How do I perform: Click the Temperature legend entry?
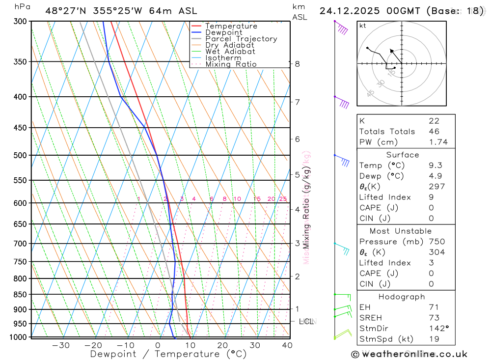click(x=231, y=26)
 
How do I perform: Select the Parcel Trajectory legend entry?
click(x=241, y=39)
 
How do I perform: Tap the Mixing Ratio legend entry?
click(x=231, y=64)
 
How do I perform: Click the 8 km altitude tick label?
click(x=298, y=64)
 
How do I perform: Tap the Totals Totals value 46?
click(x=434, y=132)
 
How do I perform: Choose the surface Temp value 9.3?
click(x=434, y=166)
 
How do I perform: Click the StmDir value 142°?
click(x=437, y=328)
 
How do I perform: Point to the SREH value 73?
click(x=434, y=318)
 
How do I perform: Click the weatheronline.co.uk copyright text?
click(x=409, y=354)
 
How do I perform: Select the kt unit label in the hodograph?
click(x=363, y=26)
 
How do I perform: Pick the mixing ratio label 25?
click(x=283, y=199)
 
